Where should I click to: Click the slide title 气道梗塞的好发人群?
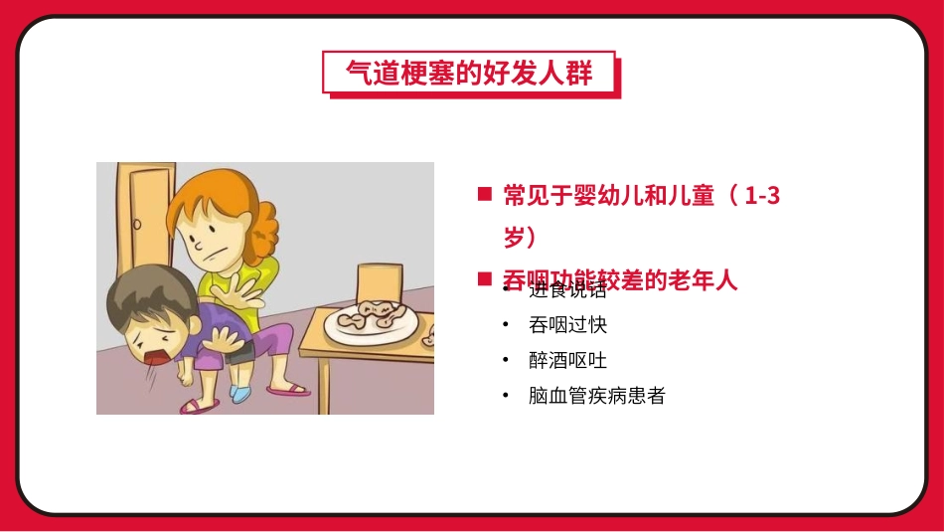[469, 73]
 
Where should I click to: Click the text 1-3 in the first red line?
[761, 196]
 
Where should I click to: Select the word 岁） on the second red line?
[520, 238]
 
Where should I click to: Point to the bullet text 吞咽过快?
[568, 324]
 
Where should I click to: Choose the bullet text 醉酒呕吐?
[568, 360]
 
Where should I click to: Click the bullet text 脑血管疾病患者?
[597, 396]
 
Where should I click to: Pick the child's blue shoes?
[239, 394]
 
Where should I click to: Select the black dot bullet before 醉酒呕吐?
[507, 360]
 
